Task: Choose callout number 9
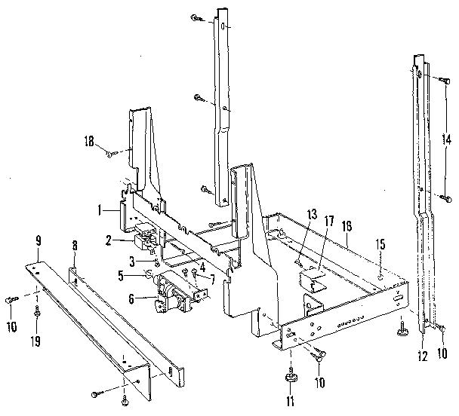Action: pos(37,240)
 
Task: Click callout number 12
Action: pos(422,355)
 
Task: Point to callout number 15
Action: pos(381,244)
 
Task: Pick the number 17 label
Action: pos(328,221)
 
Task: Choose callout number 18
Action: pos(90,141)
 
